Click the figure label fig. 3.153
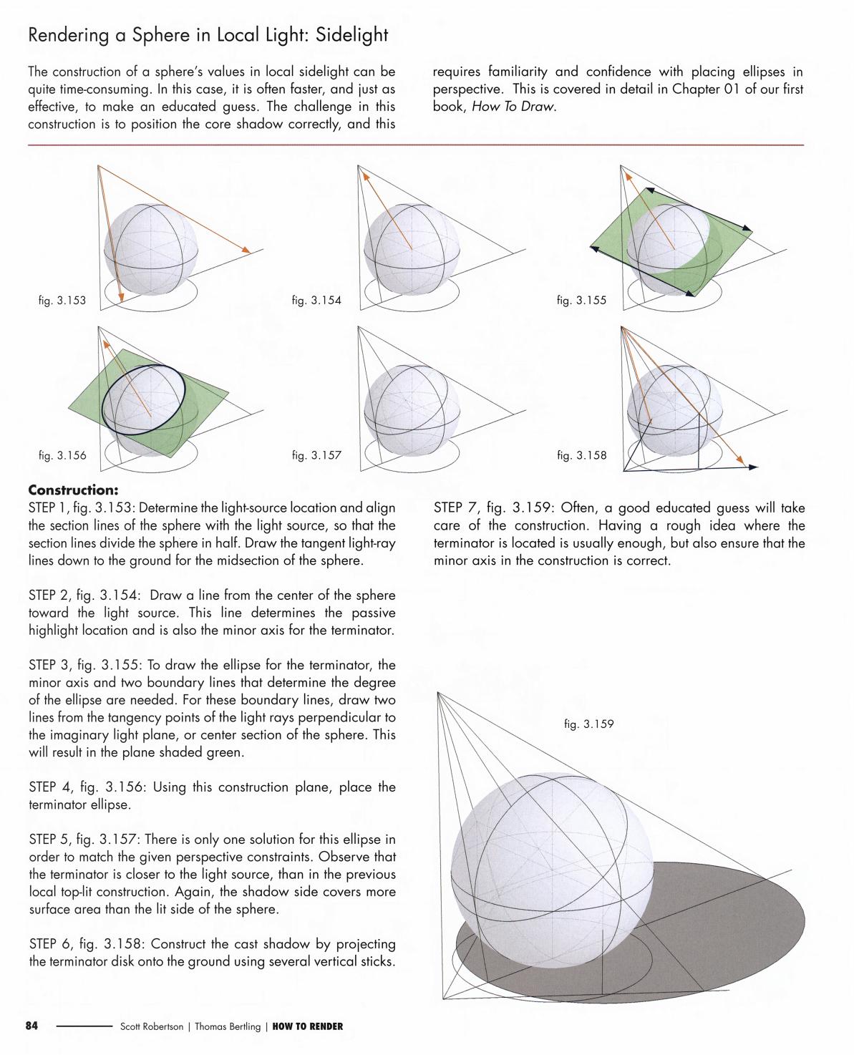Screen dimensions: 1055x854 point(62,301)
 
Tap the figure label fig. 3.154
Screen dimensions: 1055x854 point(316,301)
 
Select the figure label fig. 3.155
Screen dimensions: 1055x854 point(581,301)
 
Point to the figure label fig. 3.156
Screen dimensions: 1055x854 point(62,455)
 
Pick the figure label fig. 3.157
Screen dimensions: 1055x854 point(316,455)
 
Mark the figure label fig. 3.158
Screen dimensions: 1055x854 point(581,455)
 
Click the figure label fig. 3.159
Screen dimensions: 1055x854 point(588,724)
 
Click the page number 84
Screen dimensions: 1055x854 point(31,1026)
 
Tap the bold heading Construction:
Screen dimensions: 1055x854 point(73,490)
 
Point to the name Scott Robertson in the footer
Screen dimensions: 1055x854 point(150,1026)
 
